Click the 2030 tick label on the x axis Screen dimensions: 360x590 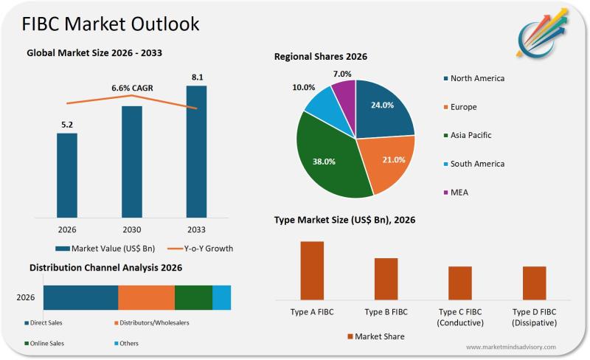pyautogui.click(x=131, y=229)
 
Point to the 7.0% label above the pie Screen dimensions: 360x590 pyautogui.click(x=342, y=74)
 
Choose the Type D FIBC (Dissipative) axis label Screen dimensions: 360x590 pyautogui.click(x=534, y=317)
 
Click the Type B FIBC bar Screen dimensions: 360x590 pyautogui.click(x=386, y=278)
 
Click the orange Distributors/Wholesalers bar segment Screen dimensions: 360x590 pyautogui.click(x=146, y=297)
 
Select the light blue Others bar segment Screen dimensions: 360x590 pyautogui.click(x=221, y=297)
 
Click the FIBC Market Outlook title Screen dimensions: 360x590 pyautogui.click(x=111, y=24)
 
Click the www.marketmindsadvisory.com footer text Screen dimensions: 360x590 pyautogui.click(x=511, y=347)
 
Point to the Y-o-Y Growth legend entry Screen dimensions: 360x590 pyautogui.click(x=199, y=249)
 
